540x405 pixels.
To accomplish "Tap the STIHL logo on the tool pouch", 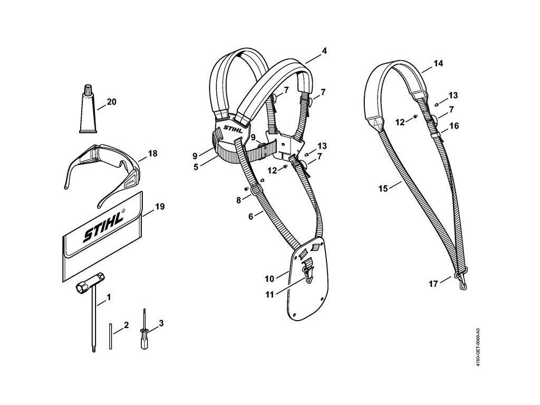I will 103,227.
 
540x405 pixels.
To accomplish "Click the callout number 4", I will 324,51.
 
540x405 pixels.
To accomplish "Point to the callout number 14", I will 438,63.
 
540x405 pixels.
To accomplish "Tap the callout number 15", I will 383,188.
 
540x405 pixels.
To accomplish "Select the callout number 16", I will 454,127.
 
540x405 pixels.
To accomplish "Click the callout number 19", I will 159,206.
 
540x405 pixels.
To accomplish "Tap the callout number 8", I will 239,200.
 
